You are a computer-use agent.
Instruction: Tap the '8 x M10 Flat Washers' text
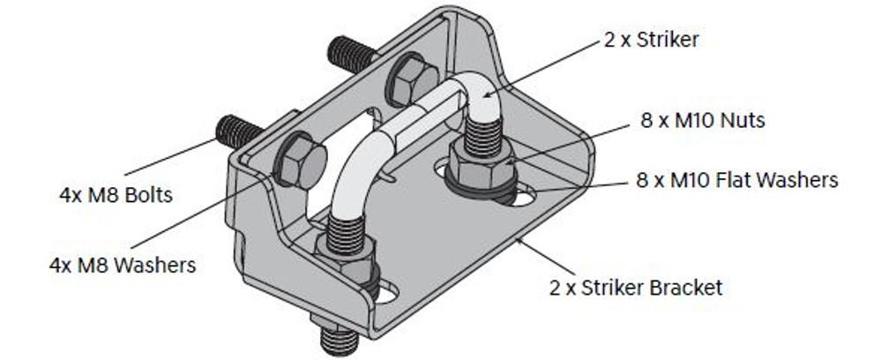[x=736, y=180]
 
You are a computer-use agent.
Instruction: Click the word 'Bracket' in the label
[x=691, y=287]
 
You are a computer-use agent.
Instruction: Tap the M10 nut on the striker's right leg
[x=480, y=164]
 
